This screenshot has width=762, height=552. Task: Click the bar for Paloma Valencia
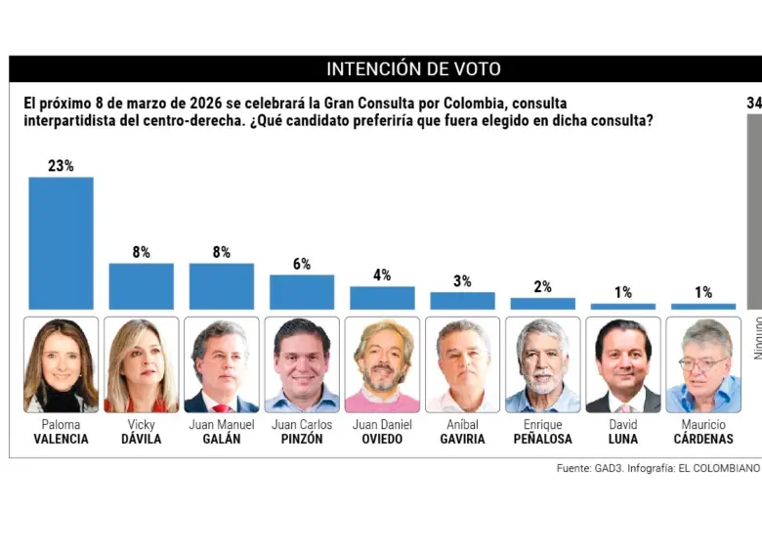coord(61,243)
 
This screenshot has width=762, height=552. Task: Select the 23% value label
coord(61,166)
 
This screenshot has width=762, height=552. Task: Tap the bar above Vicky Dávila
coord(141,286)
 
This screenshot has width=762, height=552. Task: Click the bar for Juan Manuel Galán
coord(222,286)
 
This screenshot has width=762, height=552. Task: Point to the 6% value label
coord(302,264)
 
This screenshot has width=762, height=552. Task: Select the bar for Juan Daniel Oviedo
coord(382,298)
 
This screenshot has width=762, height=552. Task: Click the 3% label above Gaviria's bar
coord(462,281)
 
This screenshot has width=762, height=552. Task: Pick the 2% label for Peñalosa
coord(542,287)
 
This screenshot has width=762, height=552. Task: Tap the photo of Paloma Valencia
coord(61,364)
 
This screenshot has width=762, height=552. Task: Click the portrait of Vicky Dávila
coord(141,364)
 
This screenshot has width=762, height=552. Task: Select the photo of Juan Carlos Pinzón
coord(302,364)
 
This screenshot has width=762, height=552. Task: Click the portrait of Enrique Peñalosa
coord(542,364)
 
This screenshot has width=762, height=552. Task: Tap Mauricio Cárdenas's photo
coord(703,364)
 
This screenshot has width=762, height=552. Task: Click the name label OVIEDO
coord(382,440)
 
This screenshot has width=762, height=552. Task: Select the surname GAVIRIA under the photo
coord(462,440)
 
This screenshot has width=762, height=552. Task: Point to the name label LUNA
coord(623,440)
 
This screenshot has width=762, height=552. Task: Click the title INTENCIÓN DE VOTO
coord(413,69)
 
